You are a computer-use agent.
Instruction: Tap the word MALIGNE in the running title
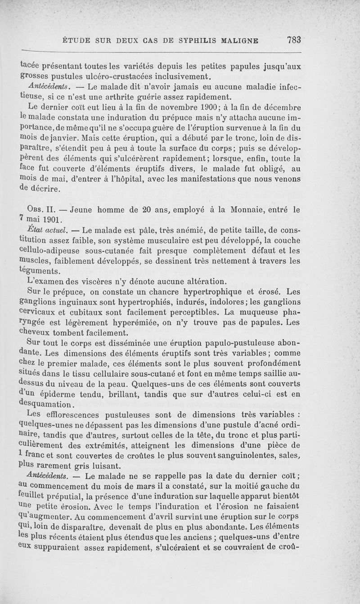click(237, 41)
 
